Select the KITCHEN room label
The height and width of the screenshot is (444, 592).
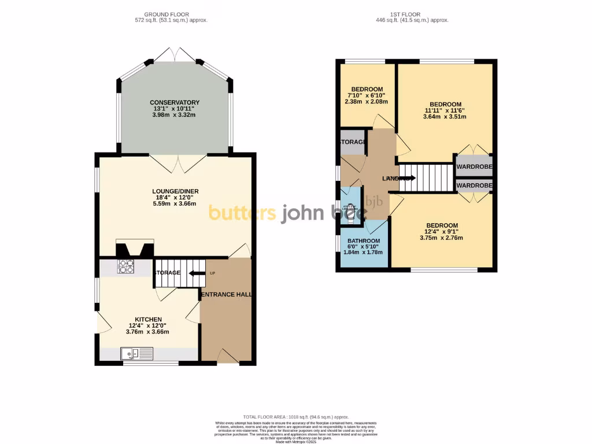pyautogui.click(x=148, y=319)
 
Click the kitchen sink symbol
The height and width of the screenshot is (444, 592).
pyautogui.click(x=136, y=353)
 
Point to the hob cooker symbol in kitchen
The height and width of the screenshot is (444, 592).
pyautogui.click(x=127, y=267)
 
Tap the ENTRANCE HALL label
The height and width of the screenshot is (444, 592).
pyautogui.click(x=226, y=294)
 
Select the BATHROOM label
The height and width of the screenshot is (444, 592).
pyautogui.click(x=364, y=241)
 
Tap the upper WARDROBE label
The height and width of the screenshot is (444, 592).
pyautogui.click(x=474, y=167)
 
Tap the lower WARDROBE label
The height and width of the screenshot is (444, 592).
pyautogui.click(x=474, y=186)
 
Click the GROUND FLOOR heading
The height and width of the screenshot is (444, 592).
pyautogui.click(x=167, y=14)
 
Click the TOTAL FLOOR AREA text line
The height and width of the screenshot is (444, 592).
pyautogui.click(x=295, y=416)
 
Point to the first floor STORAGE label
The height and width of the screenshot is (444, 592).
pyautogui.click(x=353, y=142)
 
